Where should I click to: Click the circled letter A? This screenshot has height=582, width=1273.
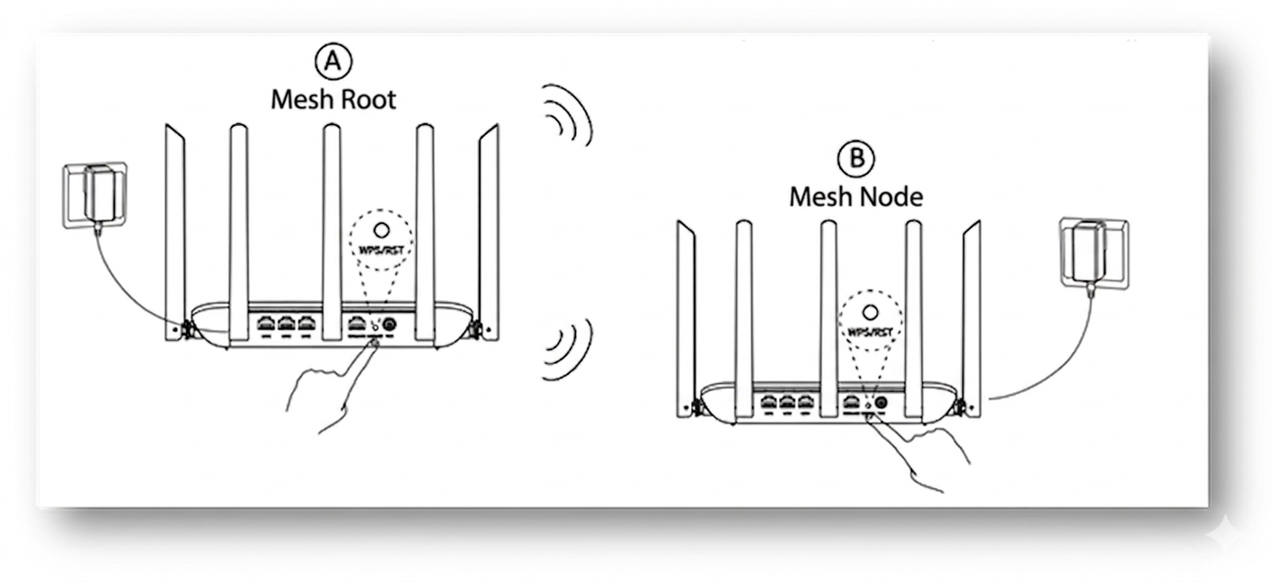332,61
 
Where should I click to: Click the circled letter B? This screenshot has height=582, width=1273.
856,158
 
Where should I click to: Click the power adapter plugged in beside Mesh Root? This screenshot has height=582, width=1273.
97,193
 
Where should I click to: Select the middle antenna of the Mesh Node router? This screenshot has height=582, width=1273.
828,305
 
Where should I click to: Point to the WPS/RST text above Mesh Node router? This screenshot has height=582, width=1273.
869,332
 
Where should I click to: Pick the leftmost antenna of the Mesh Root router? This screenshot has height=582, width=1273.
174,228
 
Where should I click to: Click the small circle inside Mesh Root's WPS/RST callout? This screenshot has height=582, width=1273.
381,229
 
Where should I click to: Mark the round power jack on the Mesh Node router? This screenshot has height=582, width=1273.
881,404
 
